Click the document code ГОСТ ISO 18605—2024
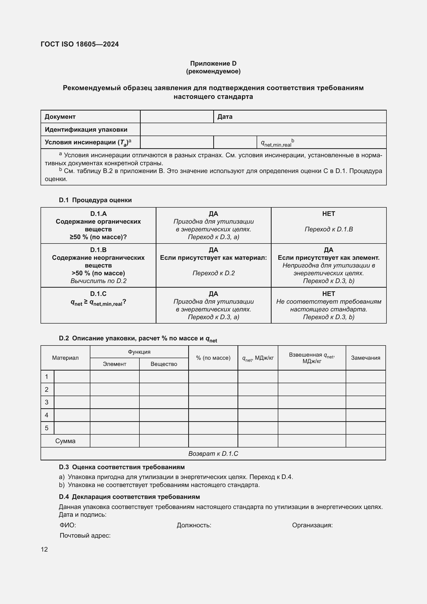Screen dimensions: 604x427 click(x=80, y=44)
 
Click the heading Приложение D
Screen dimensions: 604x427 click(x=213, y=64)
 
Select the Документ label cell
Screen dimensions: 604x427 click(x=60, y=116)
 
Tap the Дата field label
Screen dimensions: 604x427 click(x=225, y=116)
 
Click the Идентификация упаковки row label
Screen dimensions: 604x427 click(x=86, y=129)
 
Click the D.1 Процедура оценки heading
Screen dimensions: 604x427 click(x=95, y=200)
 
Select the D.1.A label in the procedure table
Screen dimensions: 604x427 click(x=98, y=214)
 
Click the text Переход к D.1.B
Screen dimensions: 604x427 click(x=328, y=229)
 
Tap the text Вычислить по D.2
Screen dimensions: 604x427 click(x=98, y=281)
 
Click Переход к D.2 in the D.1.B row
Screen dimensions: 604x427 click(x=213, y=273)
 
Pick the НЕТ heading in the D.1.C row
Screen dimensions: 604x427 click(x=328, y=294)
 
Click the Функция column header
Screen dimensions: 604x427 click(x=139, y=352)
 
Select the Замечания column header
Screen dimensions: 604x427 click(x=366, y=358)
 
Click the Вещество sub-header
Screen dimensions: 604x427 click(x=164, y=364)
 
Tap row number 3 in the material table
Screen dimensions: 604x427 click(x=47, y=402)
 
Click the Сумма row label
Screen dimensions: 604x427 click(x=65, y=441)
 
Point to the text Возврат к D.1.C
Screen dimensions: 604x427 click(x=213, y=453)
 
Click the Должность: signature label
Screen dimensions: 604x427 click(x=194, y=525)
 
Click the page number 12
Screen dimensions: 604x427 click(x=44, y=549)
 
